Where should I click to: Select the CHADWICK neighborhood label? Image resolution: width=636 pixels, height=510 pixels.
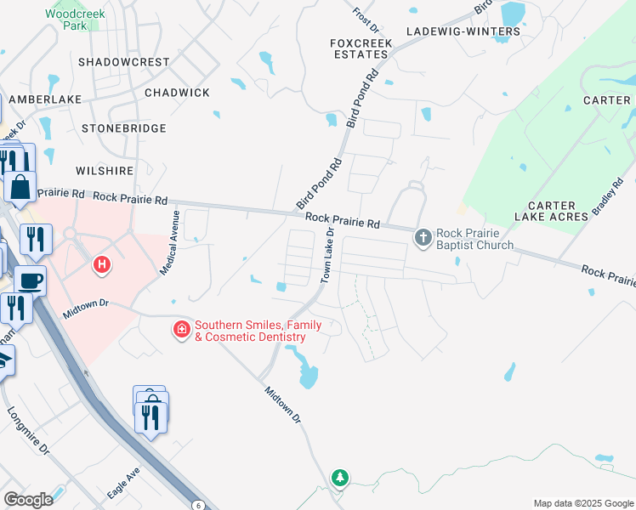click(177, 92)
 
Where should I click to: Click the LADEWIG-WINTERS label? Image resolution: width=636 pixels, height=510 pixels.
click(463, 31)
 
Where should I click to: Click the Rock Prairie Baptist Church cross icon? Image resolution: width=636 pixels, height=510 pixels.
click(423, 238)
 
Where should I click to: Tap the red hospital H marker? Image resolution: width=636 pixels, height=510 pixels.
click(102, 265)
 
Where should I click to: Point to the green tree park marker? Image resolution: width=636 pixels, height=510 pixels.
click(340, 478)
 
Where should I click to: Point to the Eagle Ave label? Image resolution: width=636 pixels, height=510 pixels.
click(123, 484)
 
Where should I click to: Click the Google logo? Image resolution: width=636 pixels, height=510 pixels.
click(28, 499)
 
